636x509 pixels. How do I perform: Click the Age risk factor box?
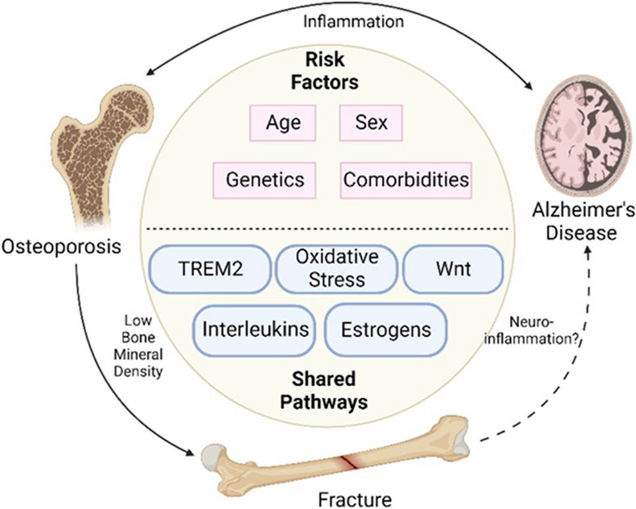[x=283, y=123]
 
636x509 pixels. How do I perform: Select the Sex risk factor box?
[x=371, y=123]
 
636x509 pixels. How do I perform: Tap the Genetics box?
[x=264, y=180]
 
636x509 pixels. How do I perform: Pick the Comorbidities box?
[x=406, y=180]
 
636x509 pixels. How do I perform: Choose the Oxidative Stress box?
[x=338, y=269]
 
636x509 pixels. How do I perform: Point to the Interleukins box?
[x=255, y=328]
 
